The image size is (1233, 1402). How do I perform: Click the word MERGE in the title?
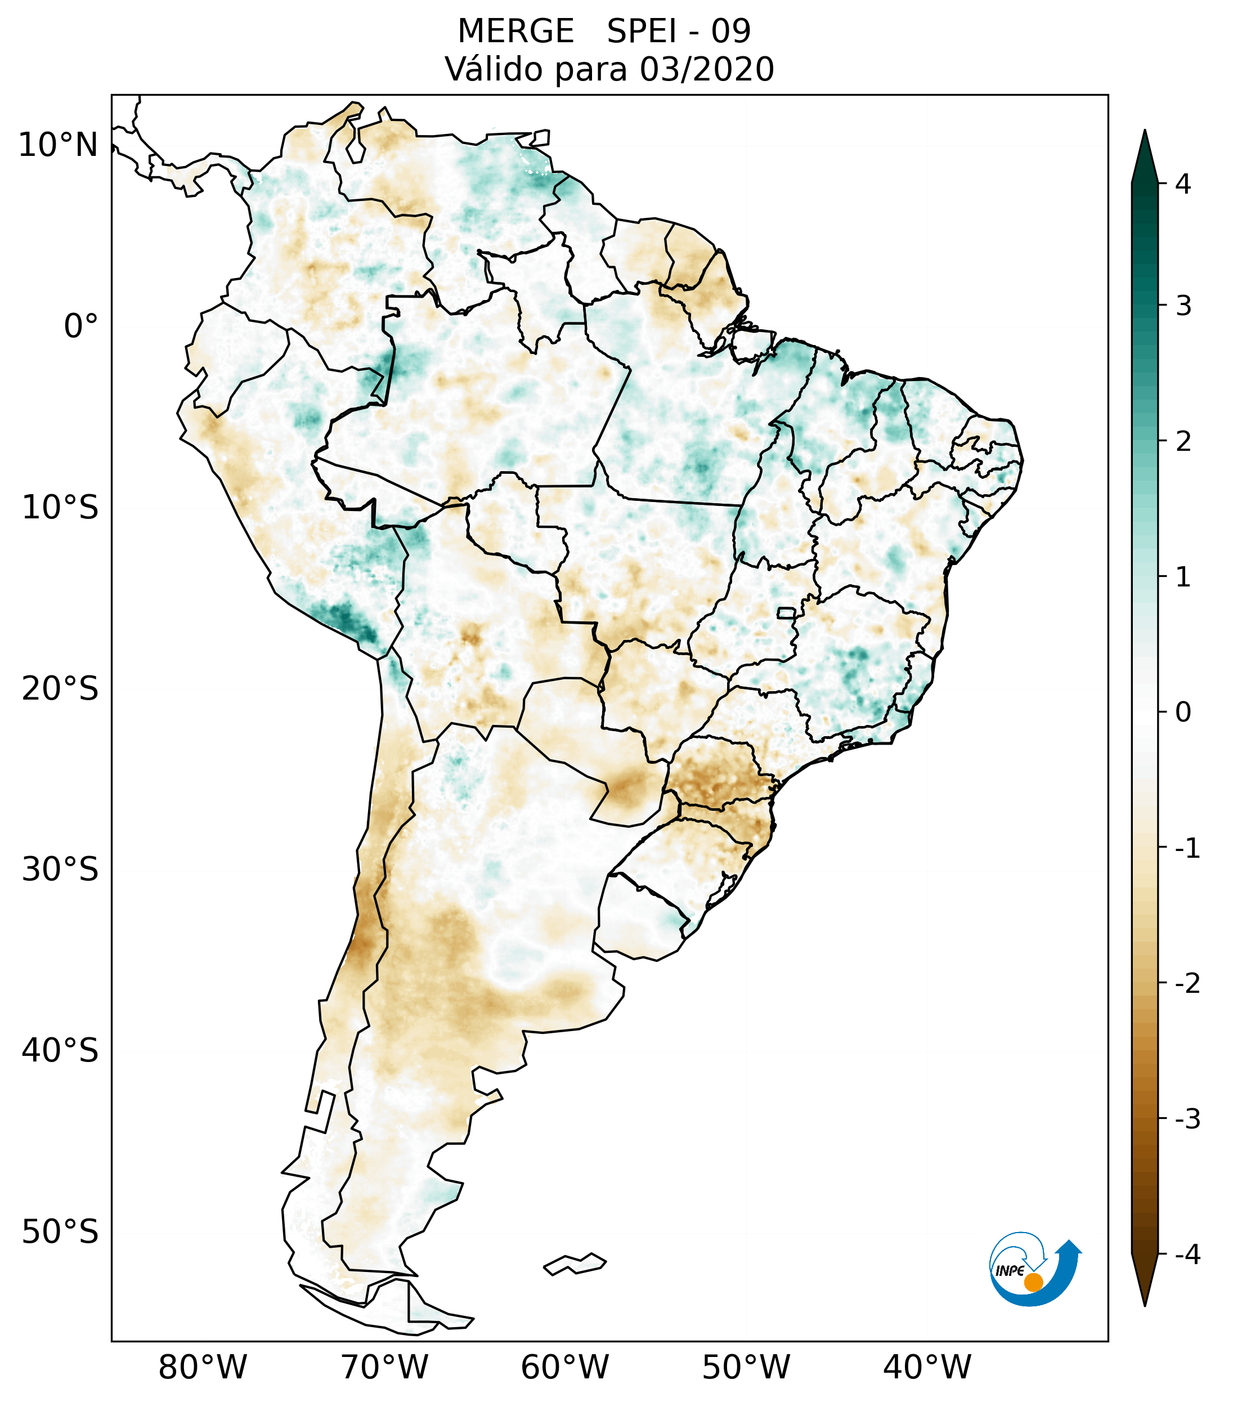click(x=515, y=32)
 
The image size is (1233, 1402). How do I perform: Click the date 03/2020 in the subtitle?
click(x=706, y=69)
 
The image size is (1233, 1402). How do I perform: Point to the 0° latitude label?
click(x=81, y=326)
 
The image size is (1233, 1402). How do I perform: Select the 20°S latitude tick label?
click(x=60, y=689)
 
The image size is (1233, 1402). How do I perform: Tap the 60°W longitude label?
click(x=564, y=1367)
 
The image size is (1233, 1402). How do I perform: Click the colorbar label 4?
click(x=1183, y=184)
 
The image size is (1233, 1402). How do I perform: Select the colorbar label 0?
click(x=1183, y=713)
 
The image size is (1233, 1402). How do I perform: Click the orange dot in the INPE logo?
click(x=1033, y=1282)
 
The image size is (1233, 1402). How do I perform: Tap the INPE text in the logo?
click(x=1010, y=1271)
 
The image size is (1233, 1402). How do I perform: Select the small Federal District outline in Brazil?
click(x=787, y=612)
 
